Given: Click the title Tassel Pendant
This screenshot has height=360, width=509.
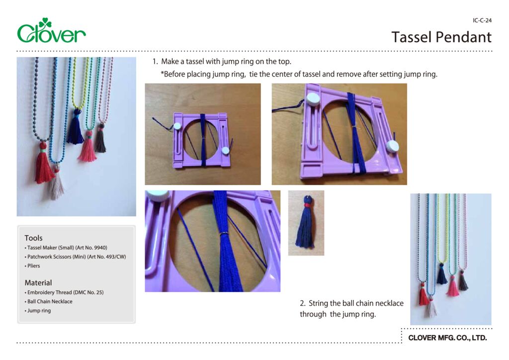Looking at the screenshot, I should pos(441,37).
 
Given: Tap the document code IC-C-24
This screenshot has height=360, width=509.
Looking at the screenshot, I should pos(482,20).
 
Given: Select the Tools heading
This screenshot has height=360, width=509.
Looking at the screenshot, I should pos(34,238).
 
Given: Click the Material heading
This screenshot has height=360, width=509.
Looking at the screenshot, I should pos(38,282).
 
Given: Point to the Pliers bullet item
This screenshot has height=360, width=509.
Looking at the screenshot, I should pos(34,266).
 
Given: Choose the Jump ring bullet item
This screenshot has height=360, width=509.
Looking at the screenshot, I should pos(39,311).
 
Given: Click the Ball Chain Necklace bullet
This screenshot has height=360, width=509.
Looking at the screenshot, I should pos(50,301).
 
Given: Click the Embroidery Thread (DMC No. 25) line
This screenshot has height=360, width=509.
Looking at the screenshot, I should pos(65,292).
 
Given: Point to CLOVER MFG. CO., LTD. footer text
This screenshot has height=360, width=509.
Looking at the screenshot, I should pos(447,338).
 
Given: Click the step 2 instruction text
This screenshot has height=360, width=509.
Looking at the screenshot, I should pos(351,308).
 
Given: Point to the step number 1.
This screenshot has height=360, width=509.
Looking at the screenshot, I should pos(155,62).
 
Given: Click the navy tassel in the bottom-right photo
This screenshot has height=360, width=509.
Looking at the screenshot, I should pos(441,274).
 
